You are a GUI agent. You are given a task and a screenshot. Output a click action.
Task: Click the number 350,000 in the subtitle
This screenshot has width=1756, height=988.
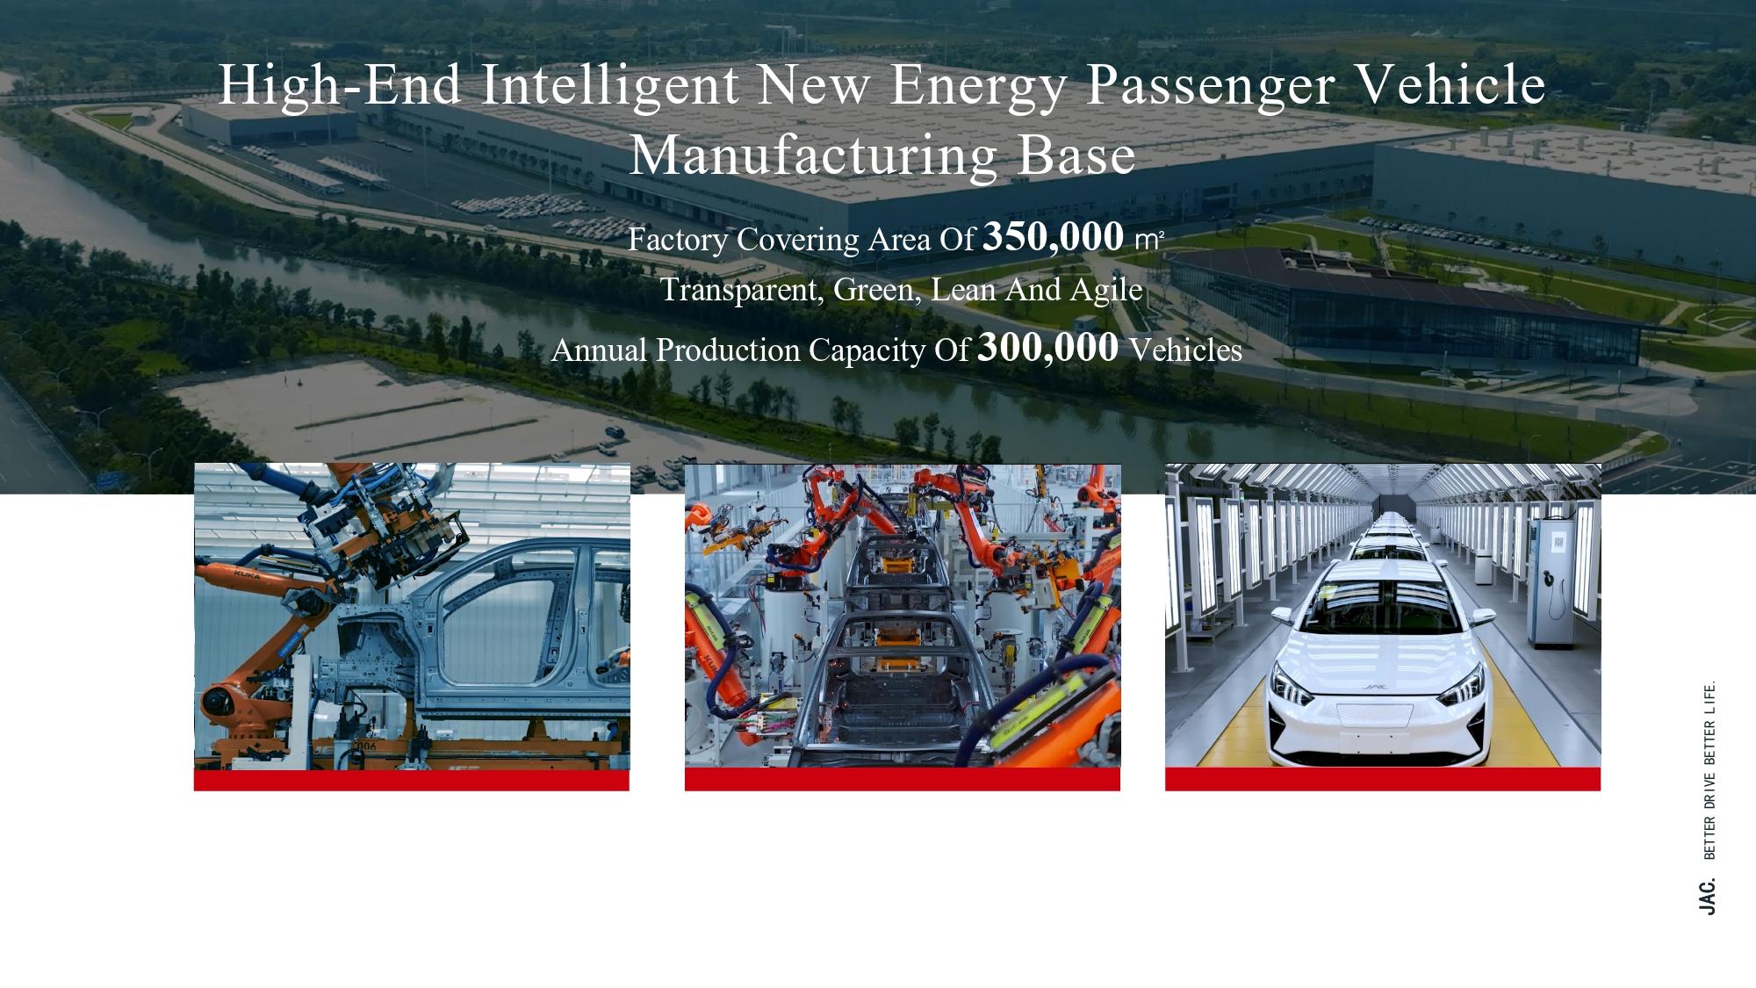point(1053,237)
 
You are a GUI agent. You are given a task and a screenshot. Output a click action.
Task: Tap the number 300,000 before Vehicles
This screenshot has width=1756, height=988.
point(1047,348)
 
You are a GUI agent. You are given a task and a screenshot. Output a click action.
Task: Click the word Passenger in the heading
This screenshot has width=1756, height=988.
point(1211,87)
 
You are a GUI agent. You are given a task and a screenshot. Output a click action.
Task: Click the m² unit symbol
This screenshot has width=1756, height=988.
point(1149,240)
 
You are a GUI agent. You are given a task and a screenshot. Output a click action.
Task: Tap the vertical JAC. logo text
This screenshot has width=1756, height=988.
point(1707,897)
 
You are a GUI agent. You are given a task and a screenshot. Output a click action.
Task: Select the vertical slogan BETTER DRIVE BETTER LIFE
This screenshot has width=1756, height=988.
point(1709,770)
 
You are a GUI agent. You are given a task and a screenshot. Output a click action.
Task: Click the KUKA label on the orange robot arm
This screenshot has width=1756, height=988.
point(247,574)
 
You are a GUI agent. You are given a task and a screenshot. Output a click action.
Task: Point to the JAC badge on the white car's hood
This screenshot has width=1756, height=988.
point(1374,687)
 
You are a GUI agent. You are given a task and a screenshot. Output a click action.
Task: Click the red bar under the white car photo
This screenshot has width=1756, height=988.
point(1383,779)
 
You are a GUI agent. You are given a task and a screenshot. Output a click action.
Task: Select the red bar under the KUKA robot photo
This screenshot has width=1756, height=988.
point(412,780)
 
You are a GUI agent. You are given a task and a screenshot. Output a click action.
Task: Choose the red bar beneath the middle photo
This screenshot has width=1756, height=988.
point(903,779)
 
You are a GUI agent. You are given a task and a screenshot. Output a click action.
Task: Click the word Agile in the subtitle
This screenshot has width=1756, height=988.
point(1106,291)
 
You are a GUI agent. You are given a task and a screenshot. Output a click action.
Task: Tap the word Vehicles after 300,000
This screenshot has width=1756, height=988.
point(1185,350)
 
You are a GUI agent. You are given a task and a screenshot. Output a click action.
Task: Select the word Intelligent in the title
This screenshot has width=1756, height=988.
point(610,87)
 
